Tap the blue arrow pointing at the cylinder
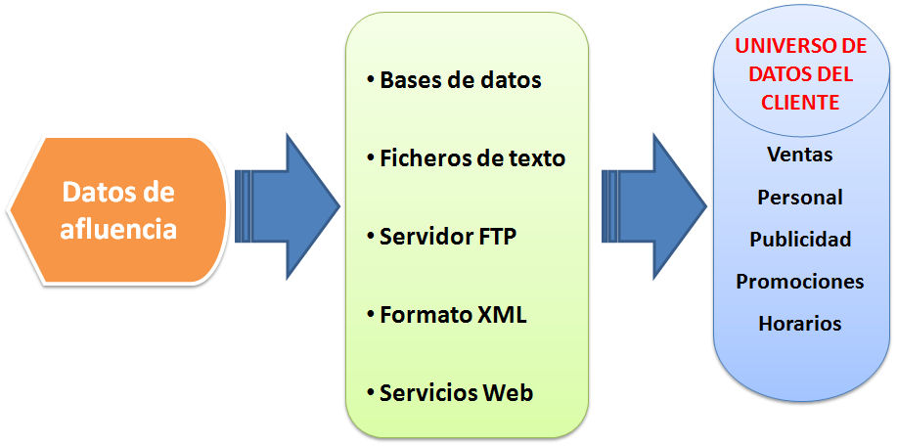[654, 206]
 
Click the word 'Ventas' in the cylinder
[800, 155]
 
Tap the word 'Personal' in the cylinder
[800, 198]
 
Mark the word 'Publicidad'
[800, 239]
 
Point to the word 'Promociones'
[800, 282]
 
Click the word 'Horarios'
[800, 324]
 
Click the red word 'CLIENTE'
[800, 103]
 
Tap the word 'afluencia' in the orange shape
[118, 231]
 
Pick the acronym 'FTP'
[494, 236]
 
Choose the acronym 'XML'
[502, 315]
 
